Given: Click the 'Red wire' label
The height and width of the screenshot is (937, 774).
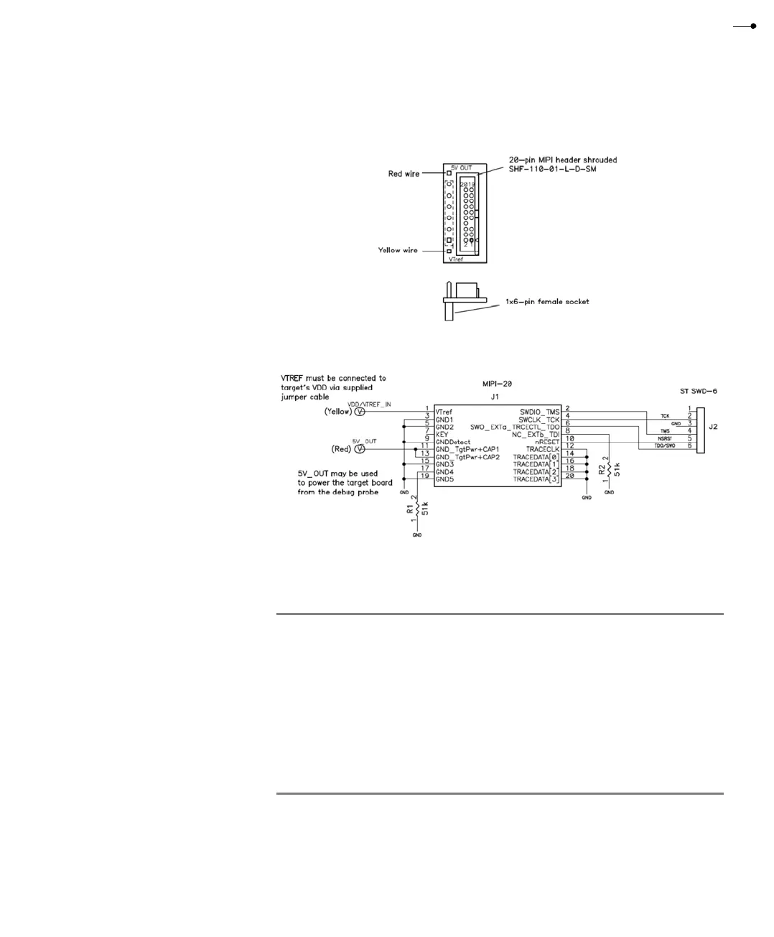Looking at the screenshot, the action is pyautogui.click(x=404, y=174).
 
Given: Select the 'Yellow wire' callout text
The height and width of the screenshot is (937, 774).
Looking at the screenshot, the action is pyautogui.click(x=398, y=250).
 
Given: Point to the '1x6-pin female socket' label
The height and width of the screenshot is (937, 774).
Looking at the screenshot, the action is pyautogui.click(x=547, y=302).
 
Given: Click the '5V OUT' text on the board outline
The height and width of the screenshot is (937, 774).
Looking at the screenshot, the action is pyautogui.click(x=462, y=167).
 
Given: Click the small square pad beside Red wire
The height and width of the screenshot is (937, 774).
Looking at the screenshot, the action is pyautogui.click(x=449, y=173).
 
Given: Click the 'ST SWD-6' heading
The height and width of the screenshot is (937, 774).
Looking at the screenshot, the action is pyautogui.click(x=698, y=392).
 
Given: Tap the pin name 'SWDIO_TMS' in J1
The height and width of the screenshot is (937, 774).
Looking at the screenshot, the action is pyautogui.click(x=539, y=412).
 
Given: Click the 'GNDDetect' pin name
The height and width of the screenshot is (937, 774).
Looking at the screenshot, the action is pyautogui.click(x=453, y=442).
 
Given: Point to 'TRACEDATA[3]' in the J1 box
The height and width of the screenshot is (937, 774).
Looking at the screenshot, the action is pyautogui.click(x=536, y=479).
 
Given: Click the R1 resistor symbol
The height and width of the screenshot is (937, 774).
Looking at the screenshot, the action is pyautogui.click(x=415, y=509).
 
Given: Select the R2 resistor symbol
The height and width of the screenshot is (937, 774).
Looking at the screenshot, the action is pyautogui.click(x=609, y=469).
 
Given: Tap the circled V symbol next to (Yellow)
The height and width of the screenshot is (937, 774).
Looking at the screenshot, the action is pyautogui.click(x=360, y=412).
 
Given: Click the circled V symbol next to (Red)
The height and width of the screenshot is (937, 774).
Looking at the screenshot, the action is pyautogui.click(x=360, y=449).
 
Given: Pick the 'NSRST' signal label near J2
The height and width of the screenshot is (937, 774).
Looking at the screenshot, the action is pyautogui.click(x=665, y=438).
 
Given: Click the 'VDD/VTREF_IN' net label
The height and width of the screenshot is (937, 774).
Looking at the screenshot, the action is pyautogui.click(x=369, y=405).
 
